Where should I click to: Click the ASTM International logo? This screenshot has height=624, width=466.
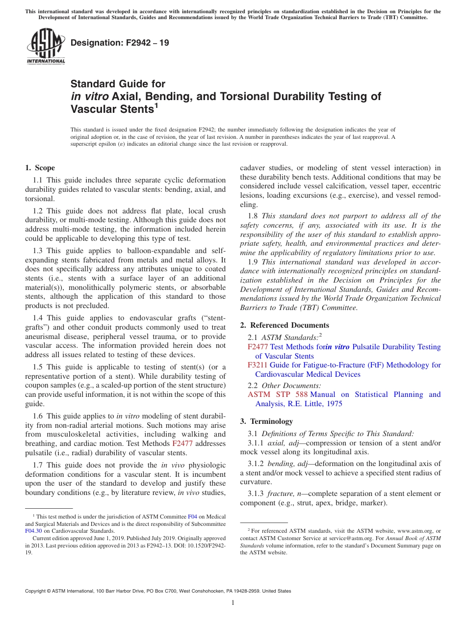pyautogui.click(x=45, y=47)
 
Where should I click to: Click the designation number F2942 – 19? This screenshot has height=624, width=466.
pyautogui.click(x=120, y=43)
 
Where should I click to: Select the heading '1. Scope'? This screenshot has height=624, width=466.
pyautogui.click(x=40, y=168)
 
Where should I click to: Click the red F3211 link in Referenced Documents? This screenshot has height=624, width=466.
pyautogui.click(x=257, y=365)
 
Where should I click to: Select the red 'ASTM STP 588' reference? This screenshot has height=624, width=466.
pyautogui.click(x=278, y=394)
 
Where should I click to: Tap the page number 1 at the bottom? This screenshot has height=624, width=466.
pyautogui.click(x=233, y=602)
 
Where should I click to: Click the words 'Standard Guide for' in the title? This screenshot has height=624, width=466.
pyautogui.click(x=118, y=84)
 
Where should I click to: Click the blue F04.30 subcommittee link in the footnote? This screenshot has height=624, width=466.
pyautogui.click(x=33, y=530)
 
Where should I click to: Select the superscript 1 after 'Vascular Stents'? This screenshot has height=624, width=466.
pyautogui.click(x=156, y=105)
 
